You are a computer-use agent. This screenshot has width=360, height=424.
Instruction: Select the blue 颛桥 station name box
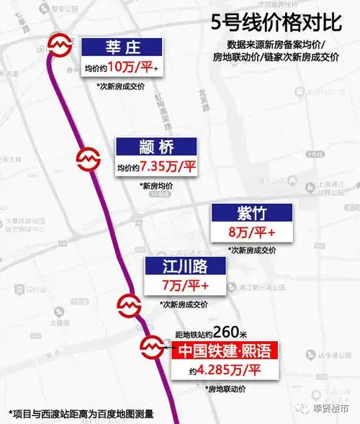158,146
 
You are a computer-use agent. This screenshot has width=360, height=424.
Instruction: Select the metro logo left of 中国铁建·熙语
153,348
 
